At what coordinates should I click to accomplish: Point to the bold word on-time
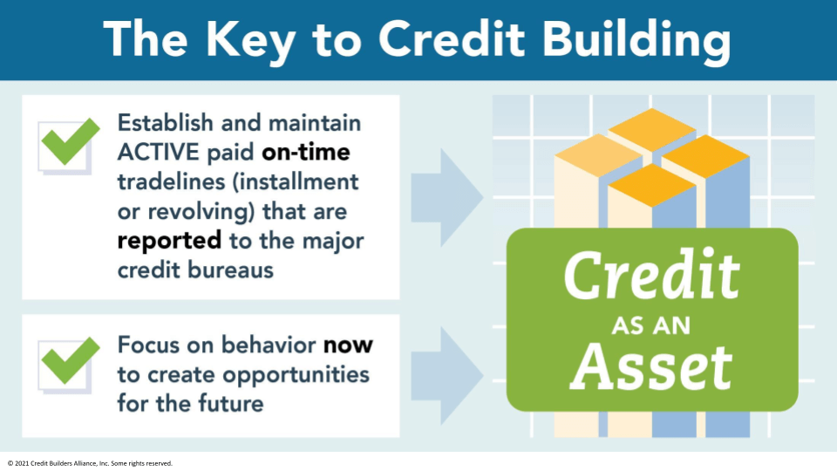pos(305,153)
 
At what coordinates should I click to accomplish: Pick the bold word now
pos(348,345)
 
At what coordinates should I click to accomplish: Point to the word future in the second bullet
pos(230,405)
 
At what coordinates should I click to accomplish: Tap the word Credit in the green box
pos(651,276)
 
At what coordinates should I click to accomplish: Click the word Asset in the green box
pos(657,365)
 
